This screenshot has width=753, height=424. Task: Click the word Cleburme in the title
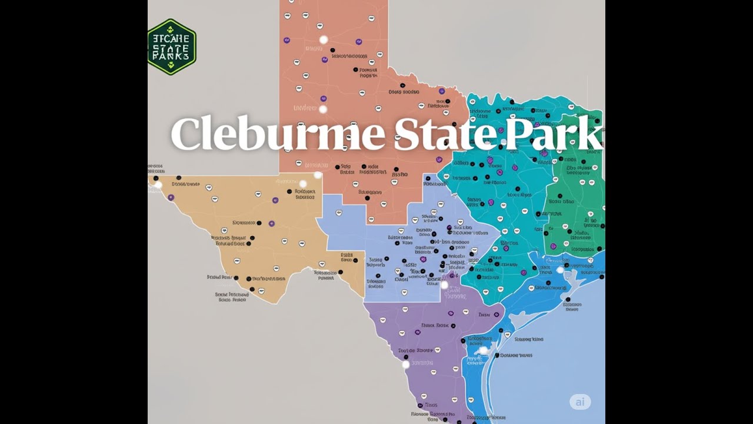[279, 134]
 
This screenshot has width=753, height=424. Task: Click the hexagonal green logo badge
[171, 47]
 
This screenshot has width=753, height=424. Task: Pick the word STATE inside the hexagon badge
[171, 47]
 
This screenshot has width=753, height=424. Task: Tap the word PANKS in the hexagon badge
[171, 57]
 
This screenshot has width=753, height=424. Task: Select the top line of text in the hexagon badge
[171, 38]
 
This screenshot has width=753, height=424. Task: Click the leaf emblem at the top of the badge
[171, 28]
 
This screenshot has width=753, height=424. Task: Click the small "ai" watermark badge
[580, 402]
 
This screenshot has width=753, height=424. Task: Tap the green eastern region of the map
[574, 206]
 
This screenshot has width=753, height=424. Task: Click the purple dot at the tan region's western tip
[171, 197]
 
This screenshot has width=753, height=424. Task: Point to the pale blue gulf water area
[559, 353]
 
